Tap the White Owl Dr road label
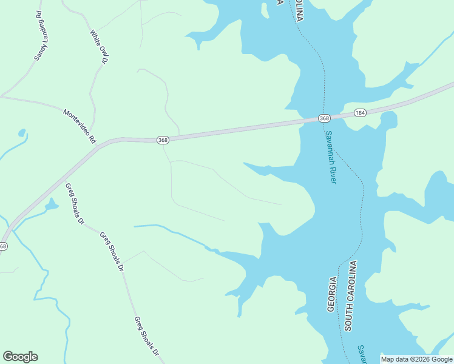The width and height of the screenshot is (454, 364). pos(98,47)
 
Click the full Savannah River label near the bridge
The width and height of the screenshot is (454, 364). pos(331,157)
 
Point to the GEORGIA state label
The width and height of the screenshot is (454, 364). pos(332,294)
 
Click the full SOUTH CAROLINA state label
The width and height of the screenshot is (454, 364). pos(350,295)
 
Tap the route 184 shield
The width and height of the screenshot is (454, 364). pos(361,113)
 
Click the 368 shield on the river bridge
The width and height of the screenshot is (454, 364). pos(324,118)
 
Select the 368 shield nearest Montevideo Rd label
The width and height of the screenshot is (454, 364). pos(162,140)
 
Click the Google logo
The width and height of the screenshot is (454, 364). pos(20,357)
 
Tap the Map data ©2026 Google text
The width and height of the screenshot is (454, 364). pos(416,359)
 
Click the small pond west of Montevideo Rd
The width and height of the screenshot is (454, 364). pos(22,132)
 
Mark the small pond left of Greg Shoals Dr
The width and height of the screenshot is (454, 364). pos(51,204)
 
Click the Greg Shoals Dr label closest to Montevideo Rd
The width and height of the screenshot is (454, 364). pos(74,204)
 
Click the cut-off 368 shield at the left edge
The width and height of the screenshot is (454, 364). pos(3,246)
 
